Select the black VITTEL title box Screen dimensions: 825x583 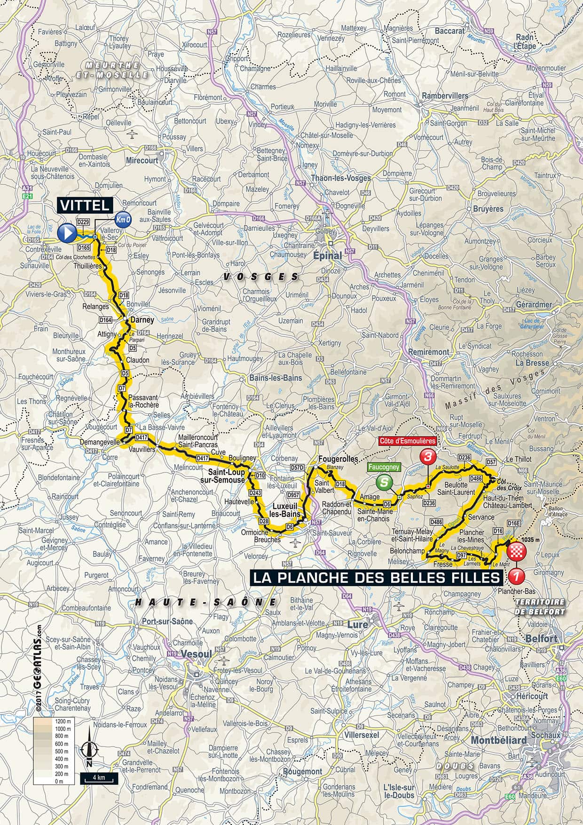click(x=86, y=205)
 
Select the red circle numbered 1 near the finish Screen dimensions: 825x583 click(x=516, y=575)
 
